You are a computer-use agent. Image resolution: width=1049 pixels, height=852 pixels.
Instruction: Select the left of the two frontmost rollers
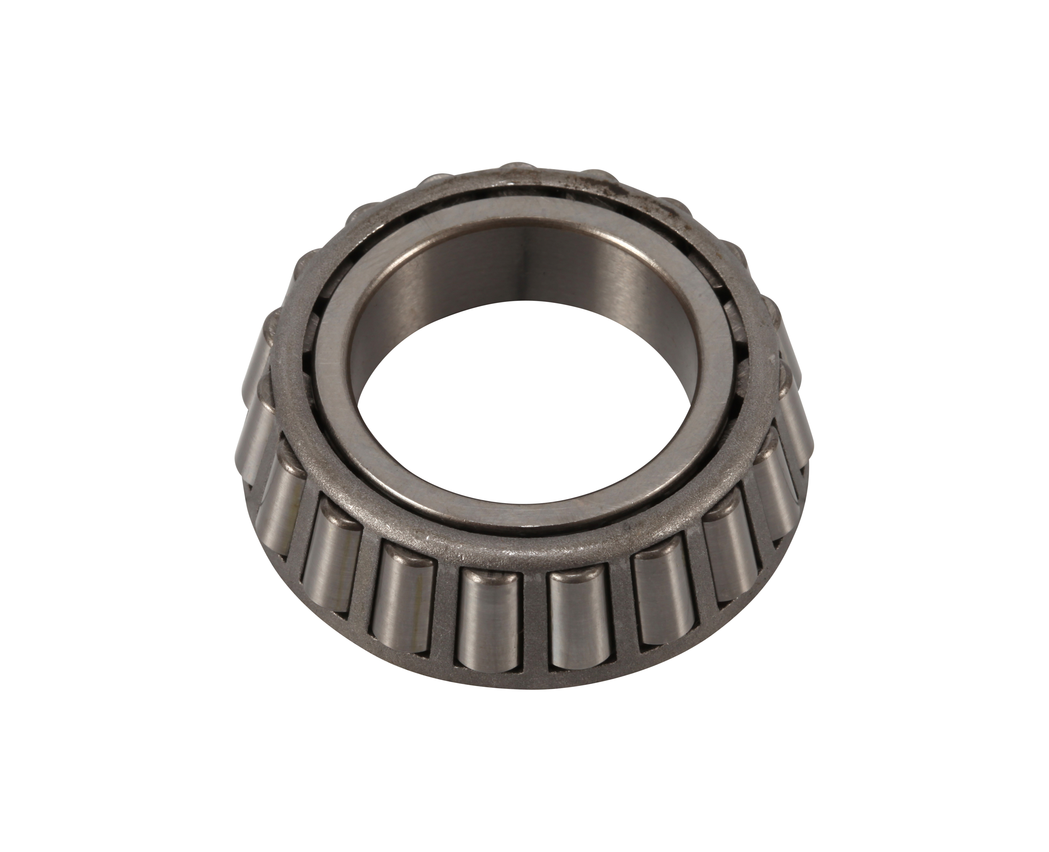click(x=486, y=618)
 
